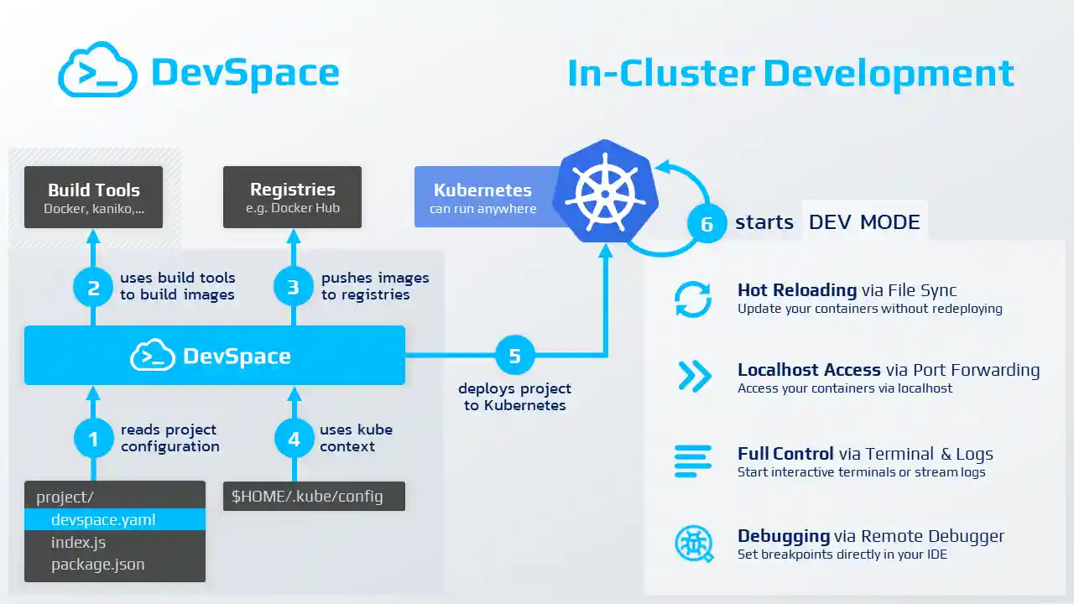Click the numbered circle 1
pos(93,439)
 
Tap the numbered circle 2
pos(93,288)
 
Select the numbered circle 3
pos(293,288)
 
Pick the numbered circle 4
pos(293,439)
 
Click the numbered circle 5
pos(514,356)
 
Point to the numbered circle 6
pos(706,223)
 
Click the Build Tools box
pos(93,197)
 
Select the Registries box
pos(292,197)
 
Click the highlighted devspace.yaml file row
pos(115,519)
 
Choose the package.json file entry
pos(97,564)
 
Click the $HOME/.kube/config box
pos(314,496)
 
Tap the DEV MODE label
pos(864,222)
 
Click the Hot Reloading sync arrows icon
pos(693,299)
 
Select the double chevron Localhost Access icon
pos(694,377)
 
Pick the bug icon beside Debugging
pos(694,544)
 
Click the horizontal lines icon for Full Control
pos(693,461)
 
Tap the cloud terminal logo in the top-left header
pos(98,71)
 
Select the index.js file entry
pos(78,542)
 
